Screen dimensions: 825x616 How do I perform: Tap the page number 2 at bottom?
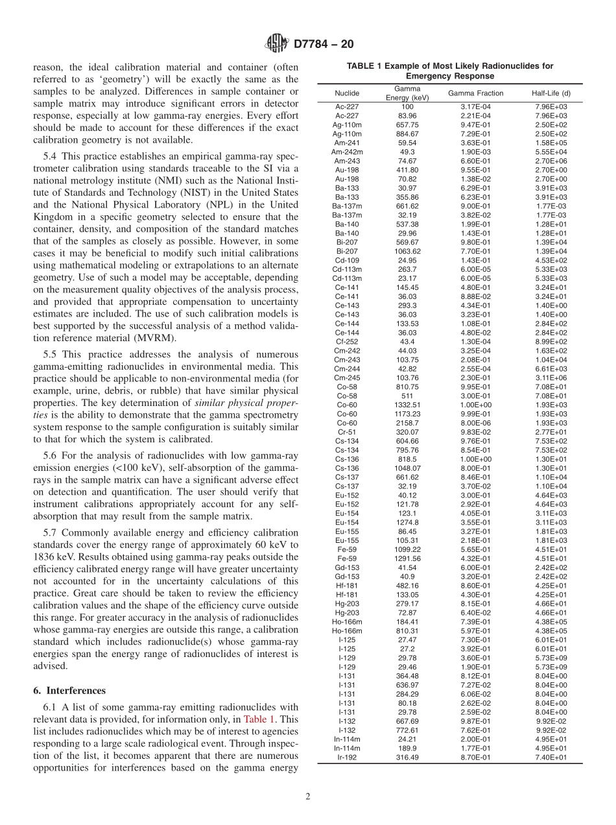308,797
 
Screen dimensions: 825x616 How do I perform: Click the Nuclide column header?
347,93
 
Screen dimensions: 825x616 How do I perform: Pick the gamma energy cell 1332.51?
407,405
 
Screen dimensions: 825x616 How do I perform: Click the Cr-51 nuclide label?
347,432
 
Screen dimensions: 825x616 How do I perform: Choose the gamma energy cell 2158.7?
407,423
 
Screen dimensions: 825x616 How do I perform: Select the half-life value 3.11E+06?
551,377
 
